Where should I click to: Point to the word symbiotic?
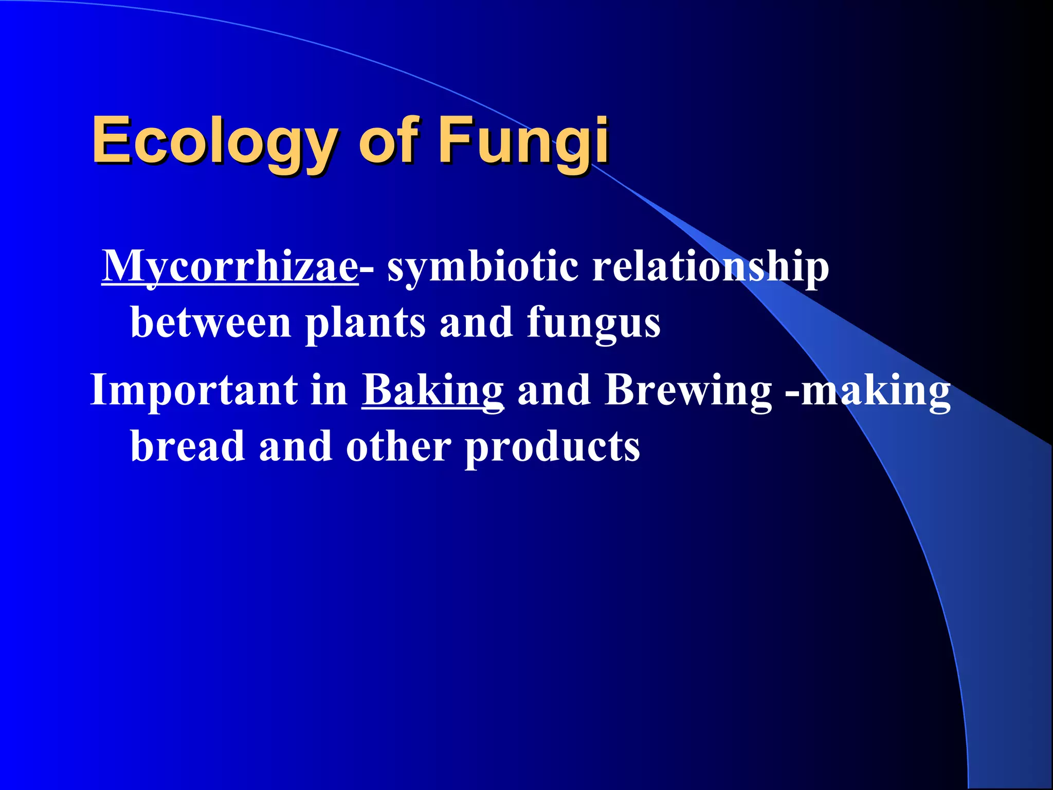click(x=482, y=267)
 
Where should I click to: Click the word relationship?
click(x=710, y=267)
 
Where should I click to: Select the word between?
click(x=211, y=323)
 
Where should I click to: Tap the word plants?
click(x=366, y=323)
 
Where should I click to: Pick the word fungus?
click(x=593, y=323)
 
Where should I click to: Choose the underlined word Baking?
click(x=432, y=391)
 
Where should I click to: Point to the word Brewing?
click(x=688, y=391)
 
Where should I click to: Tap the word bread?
click(x=188, y=446)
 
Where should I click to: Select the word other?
click(x=398, y=446)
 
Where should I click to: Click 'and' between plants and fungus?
click(x=476, y=323)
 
